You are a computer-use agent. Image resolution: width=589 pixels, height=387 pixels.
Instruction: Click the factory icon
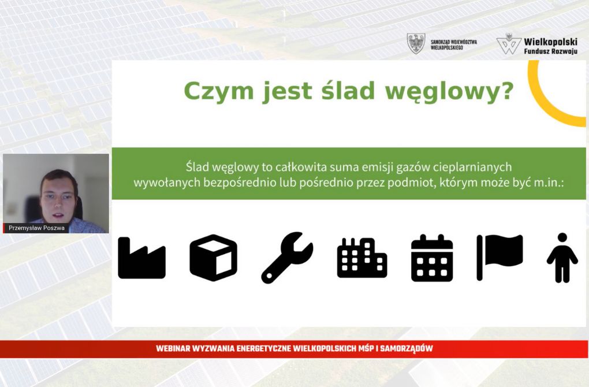(x=141, y=258)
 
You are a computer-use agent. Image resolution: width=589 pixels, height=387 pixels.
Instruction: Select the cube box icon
(x=213, y=258)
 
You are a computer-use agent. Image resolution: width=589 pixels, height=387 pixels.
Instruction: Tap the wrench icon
(x=288, y=258)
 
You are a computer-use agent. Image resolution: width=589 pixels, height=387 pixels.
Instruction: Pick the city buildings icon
(x=362, y=258)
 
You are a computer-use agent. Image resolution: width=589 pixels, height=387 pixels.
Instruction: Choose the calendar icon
(x=432, y=258)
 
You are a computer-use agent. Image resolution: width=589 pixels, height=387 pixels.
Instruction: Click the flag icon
(x=500, y=258)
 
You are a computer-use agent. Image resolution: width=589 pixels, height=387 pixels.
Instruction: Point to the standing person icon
(x=562, y=258)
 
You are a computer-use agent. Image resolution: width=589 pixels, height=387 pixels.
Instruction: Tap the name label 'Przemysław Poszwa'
(x=36, y=228)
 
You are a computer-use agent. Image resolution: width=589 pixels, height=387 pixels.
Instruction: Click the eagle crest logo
(x=416, y=43)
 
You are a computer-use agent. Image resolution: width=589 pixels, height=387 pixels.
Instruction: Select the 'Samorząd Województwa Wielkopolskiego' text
(x=454, y=44)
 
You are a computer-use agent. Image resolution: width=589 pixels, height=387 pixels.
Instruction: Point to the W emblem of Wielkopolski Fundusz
(x=509, y=44)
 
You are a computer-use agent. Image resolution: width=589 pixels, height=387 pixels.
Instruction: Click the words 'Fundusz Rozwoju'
(x=551, y=51)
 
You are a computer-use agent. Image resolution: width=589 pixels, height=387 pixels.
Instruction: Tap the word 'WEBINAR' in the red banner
(x=173, y=348)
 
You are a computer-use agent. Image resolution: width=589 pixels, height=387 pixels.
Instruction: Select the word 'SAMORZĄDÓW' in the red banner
(x=407, y=348)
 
